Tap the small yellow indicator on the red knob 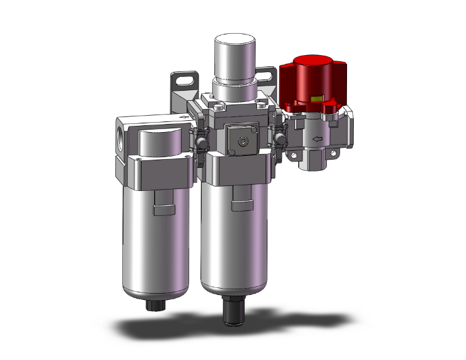coord(316,98)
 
